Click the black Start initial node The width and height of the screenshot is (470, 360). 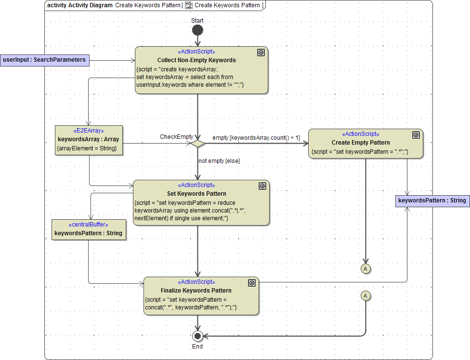[x=197, y=30]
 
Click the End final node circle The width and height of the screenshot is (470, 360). [x=197, y=336]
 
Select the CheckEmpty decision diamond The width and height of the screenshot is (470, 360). [x=197, y=143]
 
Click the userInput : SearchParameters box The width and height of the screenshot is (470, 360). [x=44, y=60]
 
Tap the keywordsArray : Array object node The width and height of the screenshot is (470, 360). [x=89, y=140]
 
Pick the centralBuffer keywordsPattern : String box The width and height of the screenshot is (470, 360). [x=88, y=229]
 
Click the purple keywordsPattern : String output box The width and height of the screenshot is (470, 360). [x=432, y=200]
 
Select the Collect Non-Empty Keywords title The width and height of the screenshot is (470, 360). [x=196, y=60]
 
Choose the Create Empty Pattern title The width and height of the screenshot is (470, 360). [x=361, y=143]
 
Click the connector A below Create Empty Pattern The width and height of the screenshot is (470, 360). [x=366, y=268]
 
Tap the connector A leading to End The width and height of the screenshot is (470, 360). [x=366, y=295]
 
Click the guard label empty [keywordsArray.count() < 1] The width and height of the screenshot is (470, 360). [x=256, y=138]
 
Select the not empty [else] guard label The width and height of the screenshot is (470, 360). [x=219, y=161]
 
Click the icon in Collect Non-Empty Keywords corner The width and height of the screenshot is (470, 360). [x=261, y=53]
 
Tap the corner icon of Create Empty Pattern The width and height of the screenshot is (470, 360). [x=416, y=135]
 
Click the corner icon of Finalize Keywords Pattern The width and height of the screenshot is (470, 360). [x=251, y=283]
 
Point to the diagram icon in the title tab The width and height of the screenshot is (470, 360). [x=189, y=5]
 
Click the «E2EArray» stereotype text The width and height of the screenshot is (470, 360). [x=89, y=131]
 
